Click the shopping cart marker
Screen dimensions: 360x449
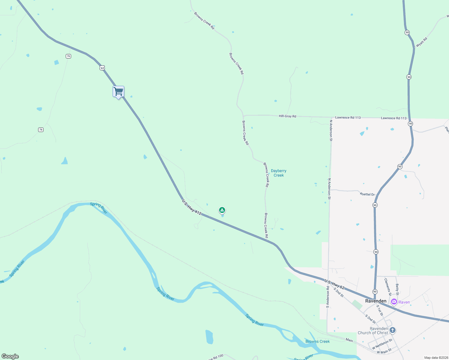pyautogui.click(x=119, y=91)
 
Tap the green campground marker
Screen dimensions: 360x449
pyautogui.click(x=222, y=210)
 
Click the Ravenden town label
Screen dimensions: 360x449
pyautogui.click(x=376, y=301)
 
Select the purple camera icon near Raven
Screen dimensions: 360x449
pyautogui.click(x=394, y=302)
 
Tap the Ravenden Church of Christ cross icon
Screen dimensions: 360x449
pyautogui.click(x=392, y=330)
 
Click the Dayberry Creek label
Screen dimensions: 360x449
pyautogui.click(x=279, y=173)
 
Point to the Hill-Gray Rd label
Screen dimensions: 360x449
pyautogui.click(x=287, y=116)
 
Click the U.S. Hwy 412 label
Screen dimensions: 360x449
pyautogui.click(x=191, y=207)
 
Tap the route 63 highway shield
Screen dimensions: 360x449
pyautogui.click(x=102, y=68)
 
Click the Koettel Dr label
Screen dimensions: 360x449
pyautogui.click(x=367, y=194)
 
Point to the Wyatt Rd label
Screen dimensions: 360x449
pyautogui.click(x=421, y=42)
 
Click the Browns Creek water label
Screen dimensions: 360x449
pyautogui.click(x=317, y=341)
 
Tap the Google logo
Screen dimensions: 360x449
pyautogui.click(x=10, y=356)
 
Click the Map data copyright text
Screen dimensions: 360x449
pyautogui.click(x=436, y=358)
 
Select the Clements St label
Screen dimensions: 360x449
pyautogui.click(x=388, y=285)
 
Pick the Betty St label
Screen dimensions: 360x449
pyautogui.click(x=397, y=289)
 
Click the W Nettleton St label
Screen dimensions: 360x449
pyautogui.click(x=382, y=344)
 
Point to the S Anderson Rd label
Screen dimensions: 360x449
pyautogui.click(x=327, y=297)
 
